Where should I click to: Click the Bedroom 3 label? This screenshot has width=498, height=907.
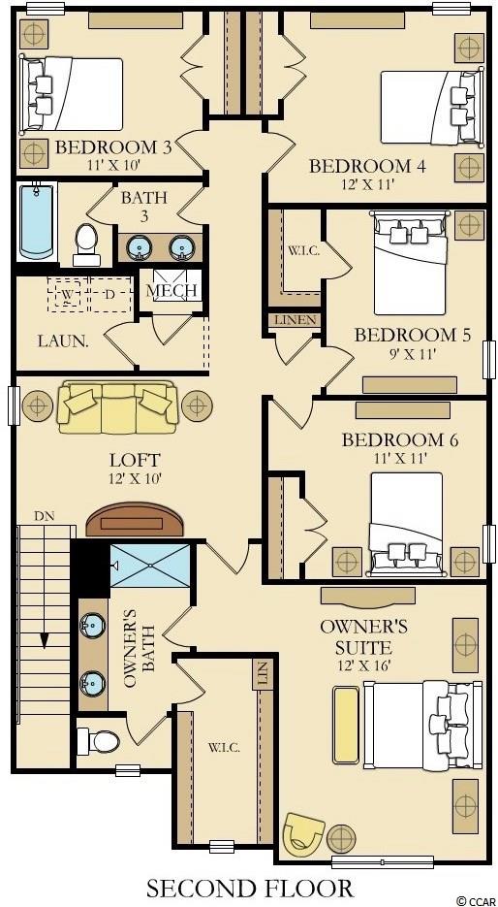113,147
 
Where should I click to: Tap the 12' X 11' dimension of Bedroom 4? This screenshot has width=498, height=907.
367,184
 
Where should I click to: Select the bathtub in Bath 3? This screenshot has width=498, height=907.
37,221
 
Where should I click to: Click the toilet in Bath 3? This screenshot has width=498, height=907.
87,244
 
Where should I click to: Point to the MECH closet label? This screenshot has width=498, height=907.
171,290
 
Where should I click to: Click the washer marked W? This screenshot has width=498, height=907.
68,295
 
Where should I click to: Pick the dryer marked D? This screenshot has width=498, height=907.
110,295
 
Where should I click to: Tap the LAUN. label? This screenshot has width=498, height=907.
63,340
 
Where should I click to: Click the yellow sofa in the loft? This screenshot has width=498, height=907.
117,406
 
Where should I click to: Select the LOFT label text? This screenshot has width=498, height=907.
135,461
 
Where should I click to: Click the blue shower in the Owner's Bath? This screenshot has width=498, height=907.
149,565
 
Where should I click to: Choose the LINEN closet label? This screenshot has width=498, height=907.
296,320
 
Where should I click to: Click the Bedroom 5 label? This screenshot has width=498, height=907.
412,335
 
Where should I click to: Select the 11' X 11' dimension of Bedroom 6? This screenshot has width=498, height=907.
399,458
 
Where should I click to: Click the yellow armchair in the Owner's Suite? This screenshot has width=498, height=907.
304,833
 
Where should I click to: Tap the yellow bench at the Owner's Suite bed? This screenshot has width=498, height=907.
346,725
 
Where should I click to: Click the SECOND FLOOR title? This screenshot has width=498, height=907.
250,888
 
